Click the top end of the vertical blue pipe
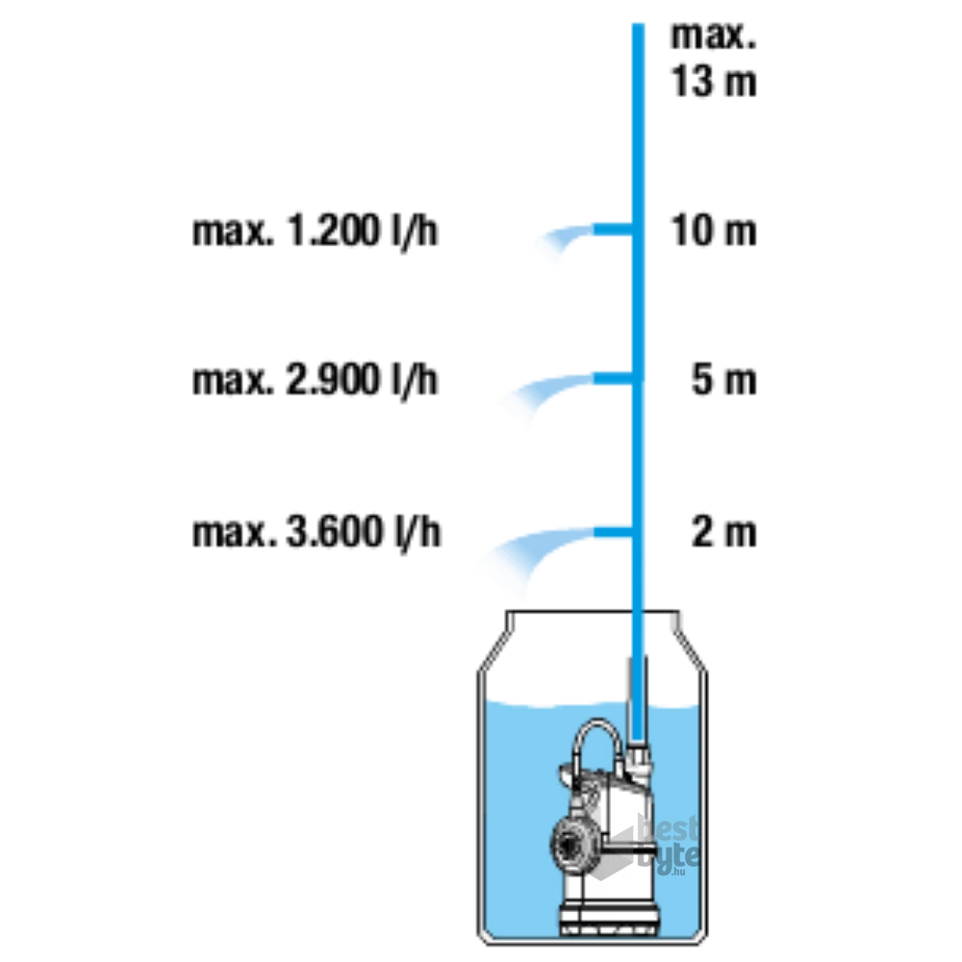point(636,23)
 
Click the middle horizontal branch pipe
point(611,377)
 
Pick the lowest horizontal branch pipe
point(612,532)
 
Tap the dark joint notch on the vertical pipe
point(635,612)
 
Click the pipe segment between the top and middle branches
point(636,303)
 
